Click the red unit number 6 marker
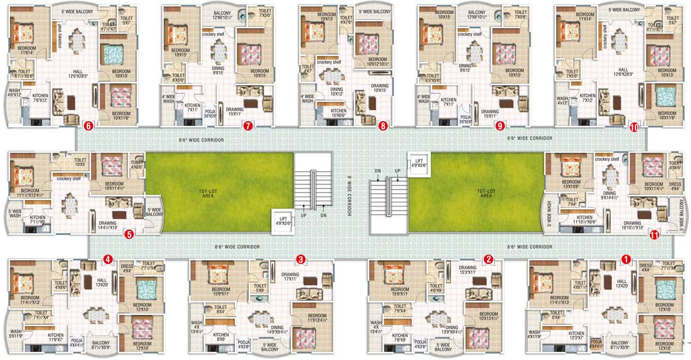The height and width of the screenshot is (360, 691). pyautogui.click(x=88, y=125)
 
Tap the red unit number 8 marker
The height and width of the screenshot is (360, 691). pyautogui.click(x=383, y=125)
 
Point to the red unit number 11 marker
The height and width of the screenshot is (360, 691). pyautogui.click(x=654, y=235)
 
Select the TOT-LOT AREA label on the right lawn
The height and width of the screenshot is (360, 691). pyautogui.click(x=485, y=194)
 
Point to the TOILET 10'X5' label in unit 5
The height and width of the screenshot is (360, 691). pyautogui.click(x=80, y=163)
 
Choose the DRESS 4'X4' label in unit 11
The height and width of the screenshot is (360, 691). pyautogui.click(x=674, y=186)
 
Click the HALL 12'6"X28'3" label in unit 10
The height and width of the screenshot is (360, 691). pyautogui.click(x=623, y=72)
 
